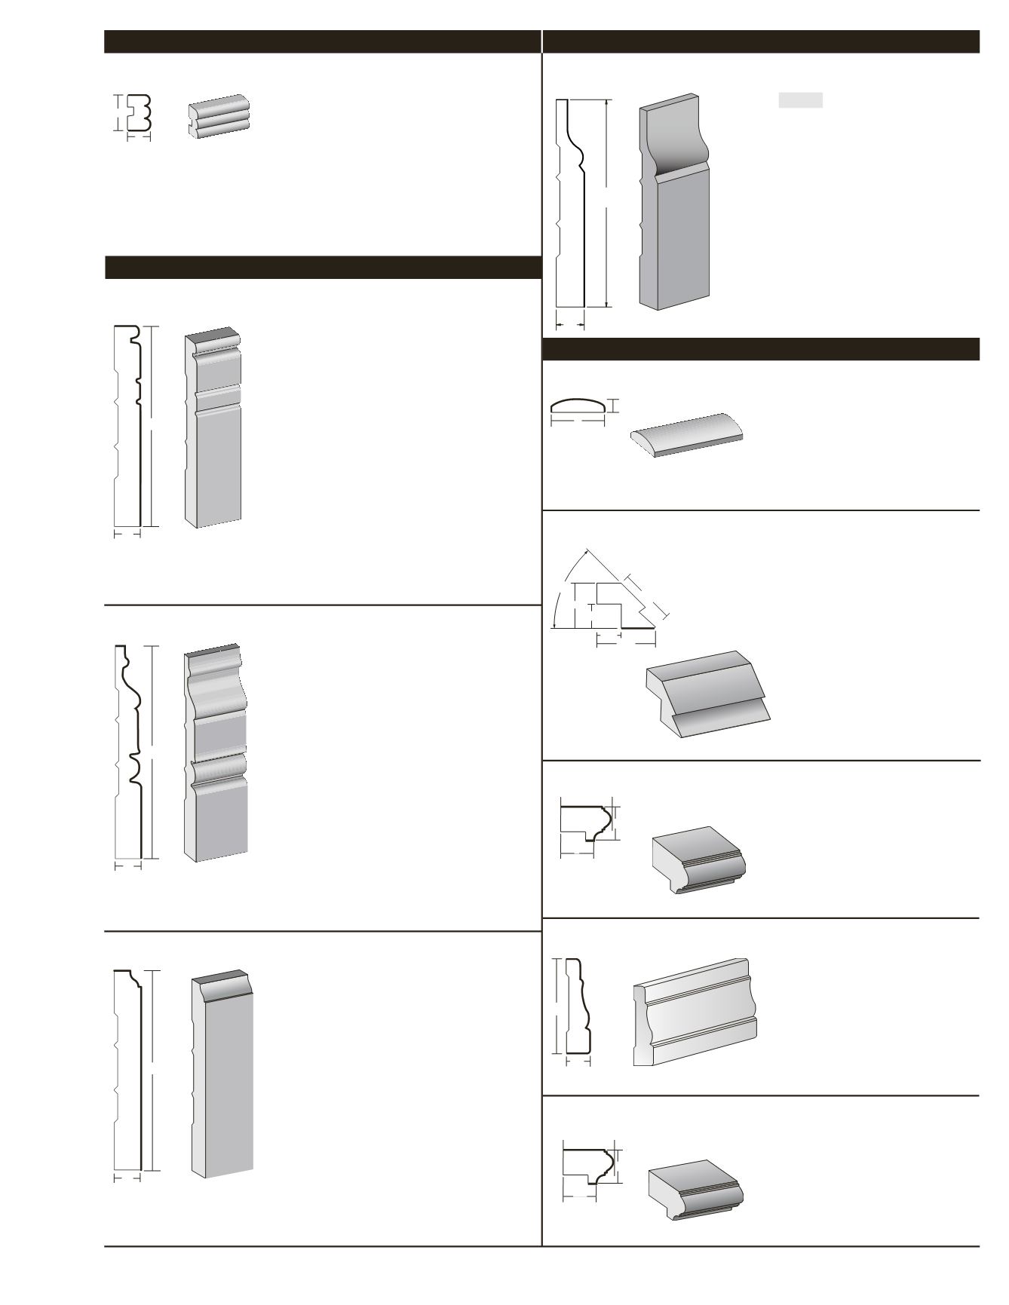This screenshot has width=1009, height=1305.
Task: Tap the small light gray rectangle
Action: click(800, 100)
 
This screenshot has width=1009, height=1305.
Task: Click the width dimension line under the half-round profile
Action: click(578, 422)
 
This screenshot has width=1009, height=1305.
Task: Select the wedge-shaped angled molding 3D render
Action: click(707, 694)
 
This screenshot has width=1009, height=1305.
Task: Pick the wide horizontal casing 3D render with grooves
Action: click(695, 1012)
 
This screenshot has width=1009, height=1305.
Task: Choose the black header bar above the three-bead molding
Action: click(322, 41)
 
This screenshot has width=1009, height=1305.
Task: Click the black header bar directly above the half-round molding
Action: click(761, 349)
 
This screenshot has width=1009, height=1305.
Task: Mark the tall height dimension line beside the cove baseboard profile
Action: click(606, 204)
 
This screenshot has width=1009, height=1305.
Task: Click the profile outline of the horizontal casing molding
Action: click(577, 1006)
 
